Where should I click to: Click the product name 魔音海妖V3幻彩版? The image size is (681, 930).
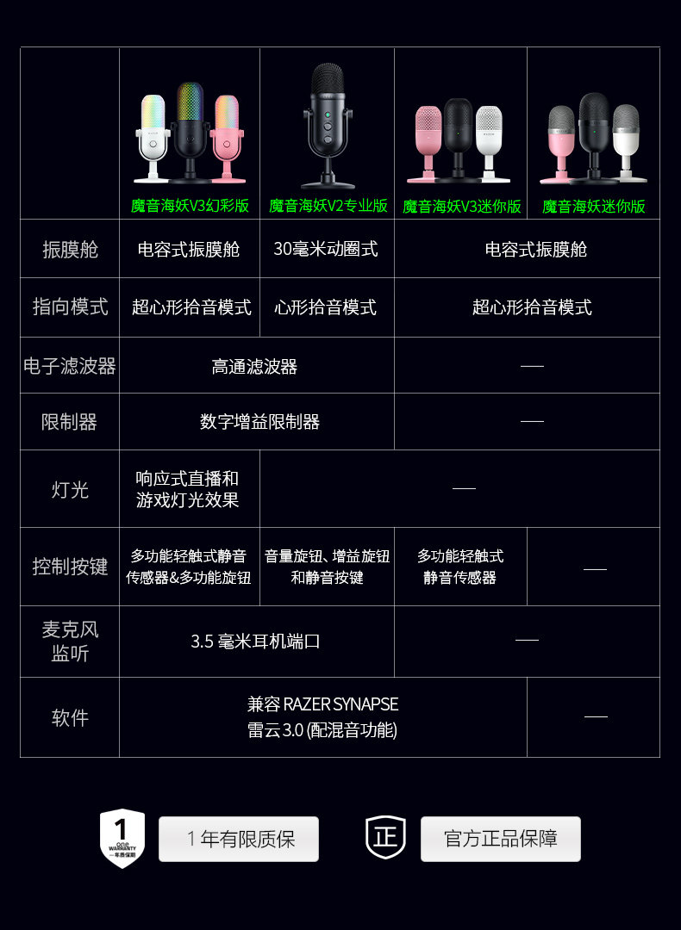coord(190,207)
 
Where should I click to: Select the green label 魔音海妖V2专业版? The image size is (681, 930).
coord(328,207)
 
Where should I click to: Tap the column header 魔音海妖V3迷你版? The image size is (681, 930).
coord(461,207)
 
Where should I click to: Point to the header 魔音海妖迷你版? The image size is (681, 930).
coord(593,207)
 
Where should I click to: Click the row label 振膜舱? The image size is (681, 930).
coord(70,250)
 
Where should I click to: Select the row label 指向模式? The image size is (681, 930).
coord(70,307)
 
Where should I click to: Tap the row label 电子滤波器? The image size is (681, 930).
coord(70,365)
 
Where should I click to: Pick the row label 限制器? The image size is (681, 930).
coord(70,422)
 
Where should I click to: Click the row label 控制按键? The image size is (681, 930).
coord(70,567)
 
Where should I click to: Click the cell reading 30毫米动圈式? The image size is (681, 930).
coord(326,250)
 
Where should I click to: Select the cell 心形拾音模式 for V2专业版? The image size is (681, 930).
coord(326,307)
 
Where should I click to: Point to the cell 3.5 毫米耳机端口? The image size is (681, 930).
coord(255,642)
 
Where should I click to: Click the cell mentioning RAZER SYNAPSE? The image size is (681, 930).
coord(322,716)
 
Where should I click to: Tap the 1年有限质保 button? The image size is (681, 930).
coord(239,839)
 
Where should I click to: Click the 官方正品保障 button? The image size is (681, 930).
coord(500,839)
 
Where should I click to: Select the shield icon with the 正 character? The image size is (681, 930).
coord(385,837)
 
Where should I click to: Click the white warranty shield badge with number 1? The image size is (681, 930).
coord(122,837)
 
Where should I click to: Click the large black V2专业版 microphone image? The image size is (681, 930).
coord(328,125)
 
